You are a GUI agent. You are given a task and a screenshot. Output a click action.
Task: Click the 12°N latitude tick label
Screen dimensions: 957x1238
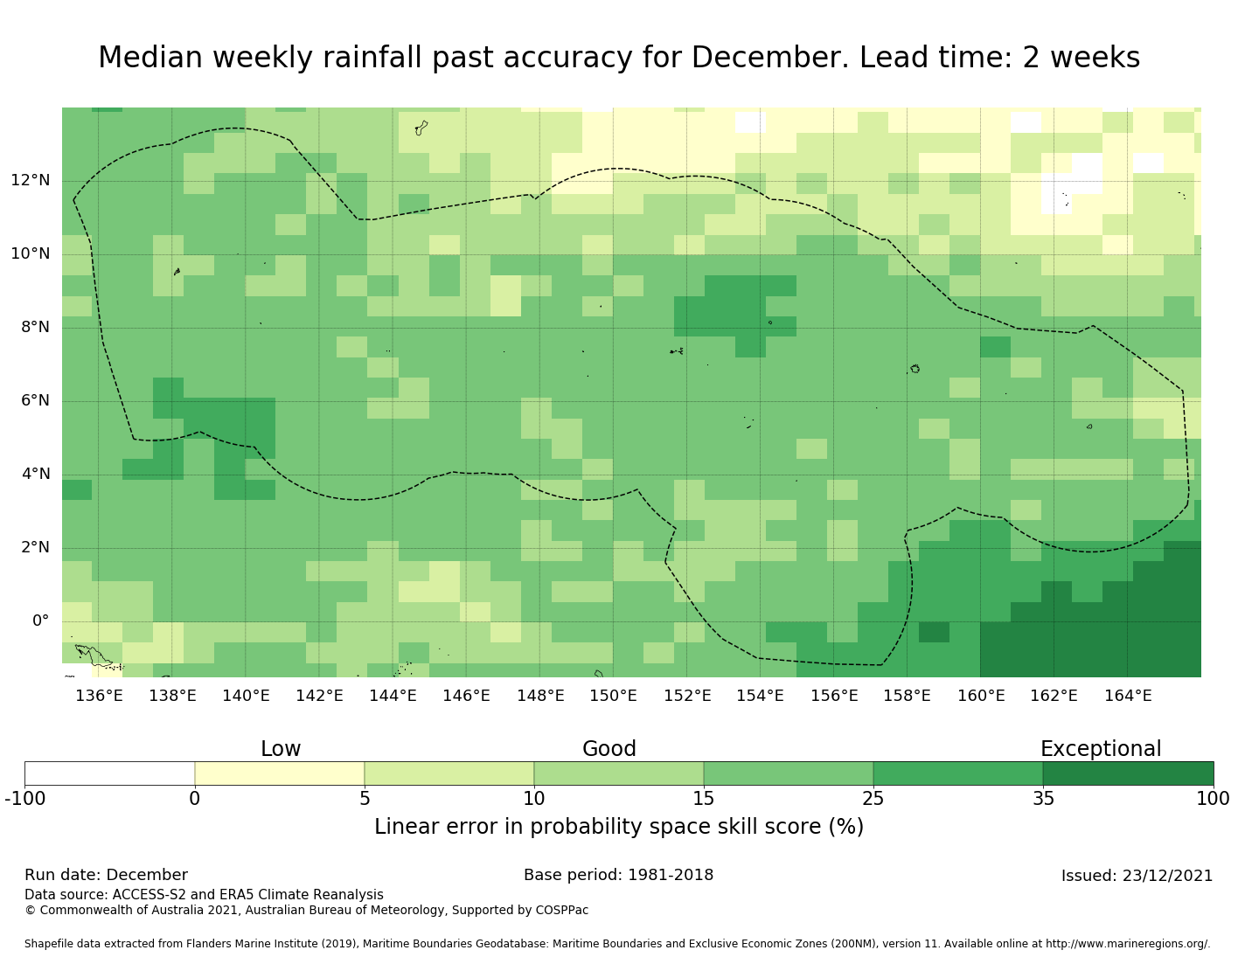click(30, 181)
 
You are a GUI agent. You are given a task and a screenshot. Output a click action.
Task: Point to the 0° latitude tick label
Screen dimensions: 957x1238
click(40, 621)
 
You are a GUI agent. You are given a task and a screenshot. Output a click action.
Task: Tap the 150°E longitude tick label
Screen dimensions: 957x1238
click(613, 697)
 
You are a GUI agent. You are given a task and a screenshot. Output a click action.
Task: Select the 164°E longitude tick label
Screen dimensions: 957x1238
click(1127, 697)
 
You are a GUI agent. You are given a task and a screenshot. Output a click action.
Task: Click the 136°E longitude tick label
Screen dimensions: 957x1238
click(99, 697)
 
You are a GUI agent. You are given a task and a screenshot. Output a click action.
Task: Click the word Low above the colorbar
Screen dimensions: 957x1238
click(281, 749)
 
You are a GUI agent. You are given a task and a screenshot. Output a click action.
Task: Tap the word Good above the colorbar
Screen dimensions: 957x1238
click(609, 749)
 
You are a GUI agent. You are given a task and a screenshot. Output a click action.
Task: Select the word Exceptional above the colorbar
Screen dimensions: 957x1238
click(1100, 749)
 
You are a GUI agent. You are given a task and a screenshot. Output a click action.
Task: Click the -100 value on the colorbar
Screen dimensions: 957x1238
click(24, 798)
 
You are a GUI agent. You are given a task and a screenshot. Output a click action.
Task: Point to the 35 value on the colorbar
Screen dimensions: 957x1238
click(1043, 798)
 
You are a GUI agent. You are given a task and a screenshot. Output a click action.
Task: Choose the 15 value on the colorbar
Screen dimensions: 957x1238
click(704, 798)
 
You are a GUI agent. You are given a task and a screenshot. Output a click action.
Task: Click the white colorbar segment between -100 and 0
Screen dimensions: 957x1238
click(109, 773)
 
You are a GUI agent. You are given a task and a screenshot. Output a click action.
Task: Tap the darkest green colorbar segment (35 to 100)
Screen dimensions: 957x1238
click(1128, 773)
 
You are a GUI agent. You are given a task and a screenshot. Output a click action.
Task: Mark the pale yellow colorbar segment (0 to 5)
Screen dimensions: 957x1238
click(279, 773)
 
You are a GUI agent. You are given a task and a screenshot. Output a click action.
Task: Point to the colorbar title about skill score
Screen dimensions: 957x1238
click(618, 827)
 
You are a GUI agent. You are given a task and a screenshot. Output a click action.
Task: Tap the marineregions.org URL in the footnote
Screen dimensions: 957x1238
click(1127, 944)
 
